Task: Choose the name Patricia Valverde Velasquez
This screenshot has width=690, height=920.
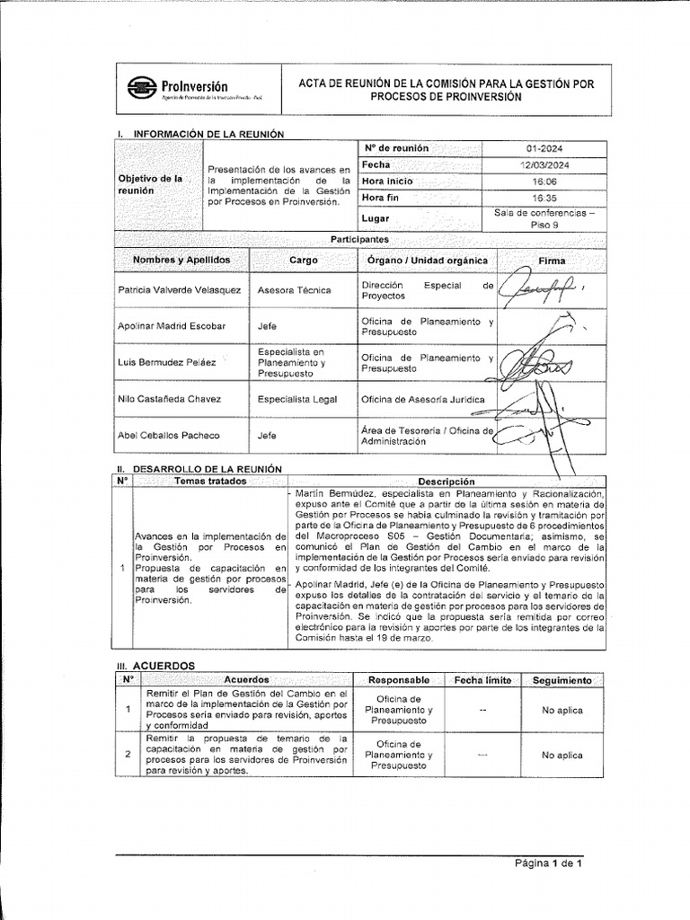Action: tap(180, 290)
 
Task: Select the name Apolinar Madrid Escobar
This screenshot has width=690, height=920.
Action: tap(172, 326)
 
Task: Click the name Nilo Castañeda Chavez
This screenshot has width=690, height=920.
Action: tap(169, 398)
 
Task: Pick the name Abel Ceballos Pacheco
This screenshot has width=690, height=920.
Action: tap(169, 436)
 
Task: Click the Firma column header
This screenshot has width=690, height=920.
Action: tap(552, 261)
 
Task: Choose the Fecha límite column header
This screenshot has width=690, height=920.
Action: tap(482, 680)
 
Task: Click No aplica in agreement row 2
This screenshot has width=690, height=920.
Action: tap(562, 756)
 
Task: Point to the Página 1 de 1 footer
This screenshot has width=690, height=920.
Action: tap(548, 864)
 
